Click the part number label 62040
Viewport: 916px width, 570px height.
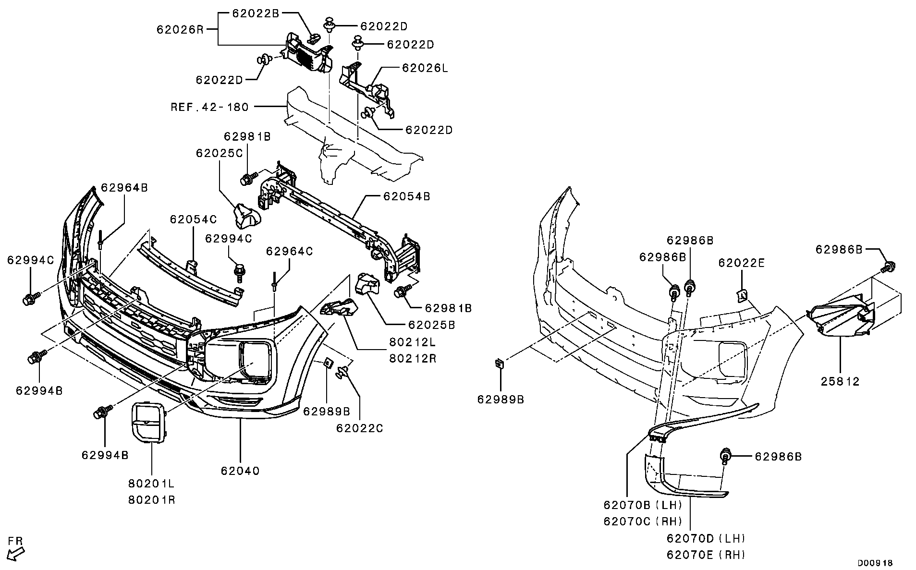pyautogui.click(x=240, y=471)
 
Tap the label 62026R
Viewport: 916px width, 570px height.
pyautogui.click(x=180, y=29)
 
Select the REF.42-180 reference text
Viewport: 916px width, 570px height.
pyautogui.click(x=210, y=107)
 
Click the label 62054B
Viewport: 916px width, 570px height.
pyautogui.click(x=406, y=196)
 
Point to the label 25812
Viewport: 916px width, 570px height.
pyautogui.click(x=840, y=382)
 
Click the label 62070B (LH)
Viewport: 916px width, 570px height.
pyautogui.click(x=643, y=505)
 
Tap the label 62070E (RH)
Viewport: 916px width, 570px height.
pyautogui.click(x=706, y=555)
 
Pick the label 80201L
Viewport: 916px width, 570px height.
pyautogui.click(x=151, y=484)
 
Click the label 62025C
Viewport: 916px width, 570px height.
pyautogui.click(x=219, y=153)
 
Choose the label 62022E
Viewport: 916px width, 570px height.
pyautogui.click(x=742, y=263)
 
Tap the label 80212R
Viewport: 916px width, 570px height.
pyautogui.click(x=413, y=358)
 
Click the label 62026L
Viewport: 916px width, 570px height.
pyautogui.click(x=425, y=68)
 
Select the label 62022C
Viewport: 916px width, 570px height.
pyautogui.click(x=359, y=428)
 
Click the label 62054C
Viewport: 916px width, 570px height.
pyautogui.click(x=193, y=219)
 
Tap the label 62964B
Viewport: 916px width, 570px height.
pyautogui.click(x=124, y=188)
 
